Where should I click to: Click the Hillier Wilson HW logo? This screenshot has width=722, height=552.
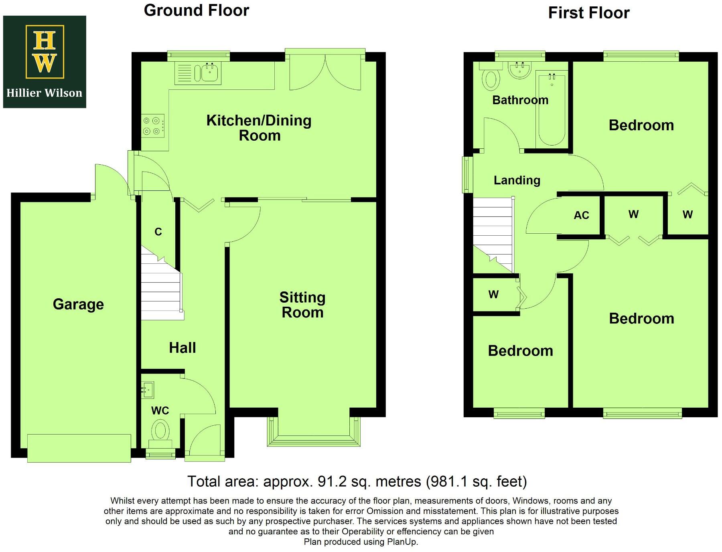(x=45, y=52)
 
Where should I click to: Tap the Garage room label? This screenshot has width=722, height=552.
(x=78, y=304)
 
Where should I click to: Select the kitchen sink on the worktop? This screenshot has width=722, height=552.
(x=209, y=73)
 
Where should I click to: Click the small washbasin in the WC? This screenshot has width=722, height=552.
(x=148, y=389)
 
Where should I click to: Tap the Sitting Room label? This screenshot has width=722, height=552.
(x=302, y=305)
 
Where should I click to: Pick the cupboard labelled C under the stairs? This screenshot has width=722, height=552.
(x=158, y=232)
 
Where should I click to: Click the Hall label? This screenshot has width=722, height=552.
(x=183, y=348)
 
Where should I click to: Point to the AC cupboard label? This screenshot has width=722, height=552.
(x=581, y=216)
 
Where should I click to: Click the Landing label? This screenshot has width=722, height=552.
(x=517, y=180)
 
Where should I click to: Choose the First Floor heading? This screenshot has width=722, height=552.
(x=588, y=13)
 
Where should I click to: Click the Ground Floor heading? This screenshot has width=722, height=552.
(x=197, y=10)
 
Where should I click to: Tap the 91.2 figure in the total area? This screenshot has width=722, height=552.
(x=332, y=481)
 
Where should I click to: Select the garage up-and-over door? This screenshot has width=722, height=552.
(x=79, y=448)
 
